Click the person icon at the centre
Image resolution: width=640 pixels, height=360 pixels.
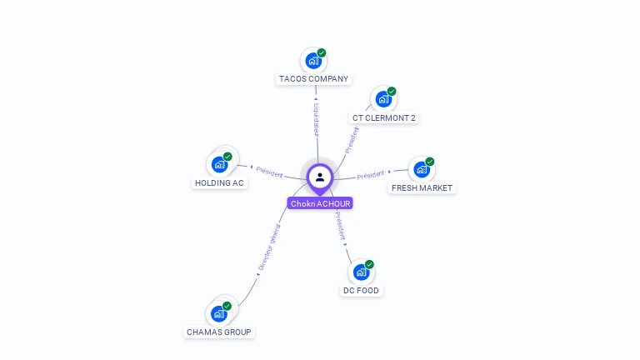(320, 177)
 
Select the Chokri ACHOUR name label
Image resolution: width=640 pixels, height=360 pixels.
(320, 203)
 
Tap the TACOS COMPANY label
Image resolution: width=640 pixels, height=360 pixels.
(313, 79)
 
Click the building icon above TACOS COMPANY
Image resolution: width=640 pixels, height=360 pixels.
(313, 60)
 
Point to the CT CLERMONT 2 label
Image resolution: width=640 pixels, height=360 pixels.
(383, 118)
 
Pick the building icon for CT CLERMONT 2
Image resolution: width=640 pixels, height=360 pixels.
(383, 98)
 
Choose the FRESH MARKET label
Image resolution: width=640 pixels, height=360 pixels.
(422, 188)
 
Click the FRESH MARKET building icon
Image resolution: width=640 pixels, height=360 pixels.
(422, 169)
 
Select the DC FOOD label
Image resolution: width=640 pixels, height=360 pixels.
(361, 291)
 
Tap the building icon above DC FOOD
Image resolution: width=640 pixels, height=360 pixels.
(361, 272)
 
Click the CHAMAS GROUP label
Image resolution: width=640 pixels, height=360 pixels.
(218, 332)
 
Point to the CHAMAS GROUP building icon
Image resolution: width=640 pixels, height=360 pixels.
(219, 313)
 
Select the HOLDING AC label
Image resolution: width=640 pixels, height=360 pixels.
(219, 183)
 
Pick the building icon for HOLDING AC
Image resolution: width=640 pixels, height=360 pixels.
(220, 163)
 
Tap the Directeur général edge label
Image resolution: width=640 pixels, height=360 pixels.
(267, 247)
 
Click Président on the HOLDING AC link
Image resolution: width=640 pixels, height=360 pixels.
(269, 171)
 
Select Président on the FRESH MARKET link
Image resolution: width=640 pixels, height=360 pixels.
(371, 175)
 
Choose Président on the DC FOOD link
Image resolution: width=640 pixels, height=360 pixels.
(341, 225)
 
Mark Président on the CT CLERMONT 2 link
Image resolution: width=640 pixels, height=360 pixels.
(352, 138)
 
